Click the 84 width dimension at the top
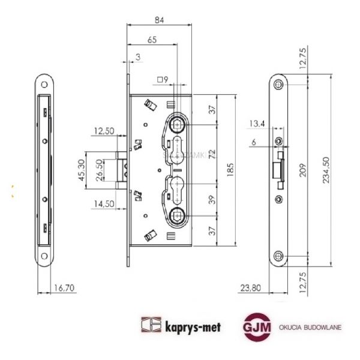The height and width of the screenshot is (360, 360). [159, 20]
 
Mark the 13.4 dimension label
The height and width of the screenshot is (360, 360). [257, 124]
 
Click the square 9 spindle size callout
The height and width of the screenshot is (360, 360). [162, 79]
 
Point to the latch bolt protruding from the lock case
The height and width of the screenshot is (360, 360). [121, 169]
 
